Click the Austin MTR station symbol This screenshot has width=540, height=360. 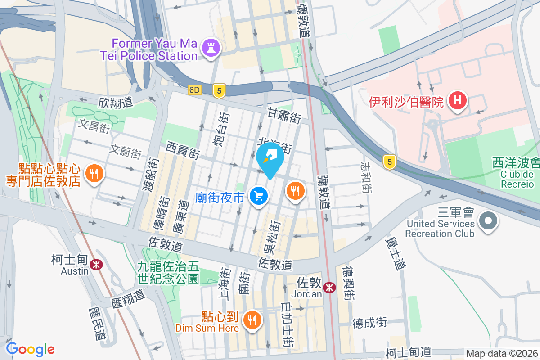click(95, 265)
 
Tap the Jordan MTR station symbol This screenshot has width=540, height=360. click(329, 287)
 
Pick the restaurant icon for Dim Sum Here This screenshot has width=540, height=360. click(251, 320)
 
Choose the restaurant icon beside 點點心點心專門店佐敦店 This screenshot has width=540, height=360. click(94, 173)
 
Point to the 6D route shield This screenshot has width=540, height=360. click(194, 90)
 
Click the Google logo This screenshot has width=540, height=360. click(30, 349)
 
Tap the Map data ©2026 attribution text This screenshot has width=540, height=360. click(501, 353)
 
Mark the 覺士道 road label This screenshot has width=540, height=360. click(394, 254)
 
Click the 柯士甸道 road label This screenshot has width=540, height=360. click(409, 351)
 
